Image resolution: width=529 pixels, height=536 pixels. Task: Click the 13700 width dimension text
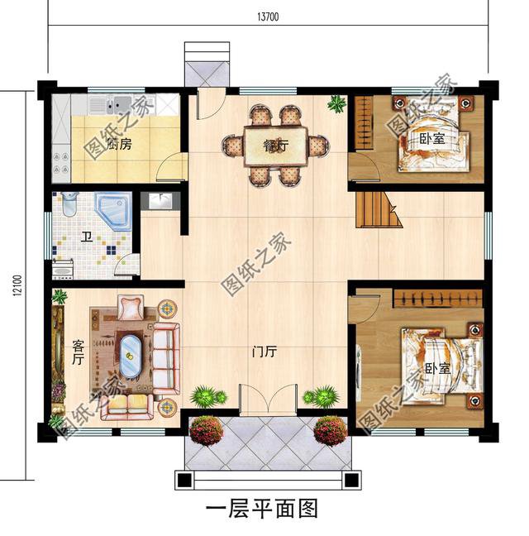[x=266, y=17]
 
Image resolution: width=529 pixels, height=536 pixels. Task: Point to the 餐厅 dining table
[x=275, y=146]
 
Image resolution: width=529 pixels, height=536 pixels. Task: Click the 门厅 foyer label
[x=264, y=352]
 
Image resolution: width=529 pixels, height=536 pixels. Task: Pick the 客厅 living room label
[x=78, y=352]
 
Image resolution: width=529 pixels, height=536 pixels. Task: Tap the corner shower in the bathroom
[x=112, y=211]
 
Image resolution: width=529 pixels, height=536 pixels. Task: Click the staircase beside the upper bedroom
[x=377, y=210]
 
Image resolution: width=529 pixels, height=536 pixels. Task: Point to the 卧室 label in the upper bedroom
[x=431, y=139]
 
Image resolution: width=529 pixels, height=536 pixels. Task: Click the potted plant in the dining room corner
[x=336, y=104]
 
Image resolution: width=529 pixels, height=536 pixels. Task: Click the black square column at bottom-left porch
[x=184, y=480]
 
